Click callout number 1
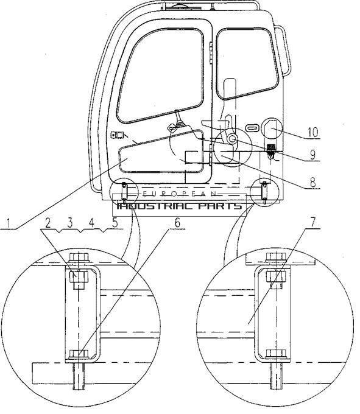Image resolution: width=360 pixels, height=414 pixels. pyautogui.click(x=9, y=223)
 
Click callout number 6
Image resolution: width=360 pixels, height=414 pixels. pyautogui.click(x=177, y=223)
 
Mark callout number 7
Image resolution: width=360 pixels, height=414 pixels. pyautogui.click(x=312, y=222)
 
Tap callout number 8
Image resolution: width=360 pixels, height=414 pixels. pyautogui.click(x=312, y=182)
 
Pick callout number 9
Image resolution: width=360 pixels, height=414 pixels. pyautogui.click(x=312, y=155)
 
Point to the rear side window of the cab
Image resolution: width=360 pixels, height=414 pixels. pyautogui.click(x=247, y=62)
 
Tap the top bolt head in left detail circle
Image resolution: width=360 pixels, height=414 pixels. pyautogui.click(x=79, y=257)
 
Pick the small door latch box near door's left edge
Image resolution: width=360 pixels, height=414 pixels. pyautogui.click(x=117, y=135)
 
